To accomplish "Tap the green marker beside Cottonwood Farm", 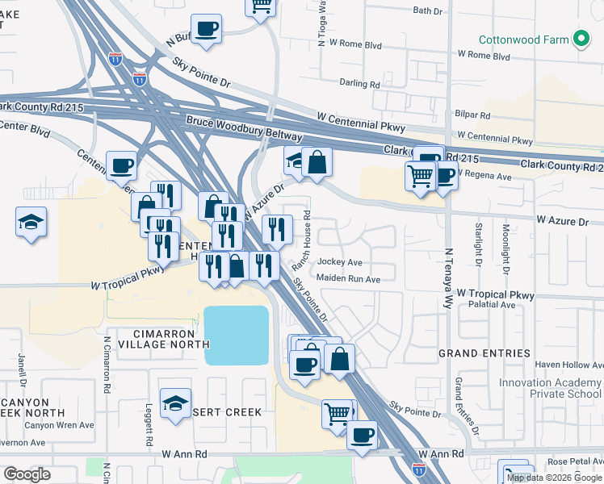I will (581, 39).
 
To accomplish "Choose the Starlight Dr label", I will (479, 245).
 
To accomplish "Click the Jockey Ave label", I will (340, 262).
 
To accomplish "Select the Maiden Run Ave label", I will (348, 279).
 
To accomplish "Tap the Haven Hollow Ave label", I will (569, 365).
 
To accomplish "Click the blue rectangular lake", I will (237, 335).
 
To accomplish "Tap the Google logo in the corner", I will (26, 474).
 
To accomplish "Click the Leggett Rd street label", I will (149, 425).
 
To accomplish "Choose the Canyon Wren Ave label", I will (59, 425).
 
